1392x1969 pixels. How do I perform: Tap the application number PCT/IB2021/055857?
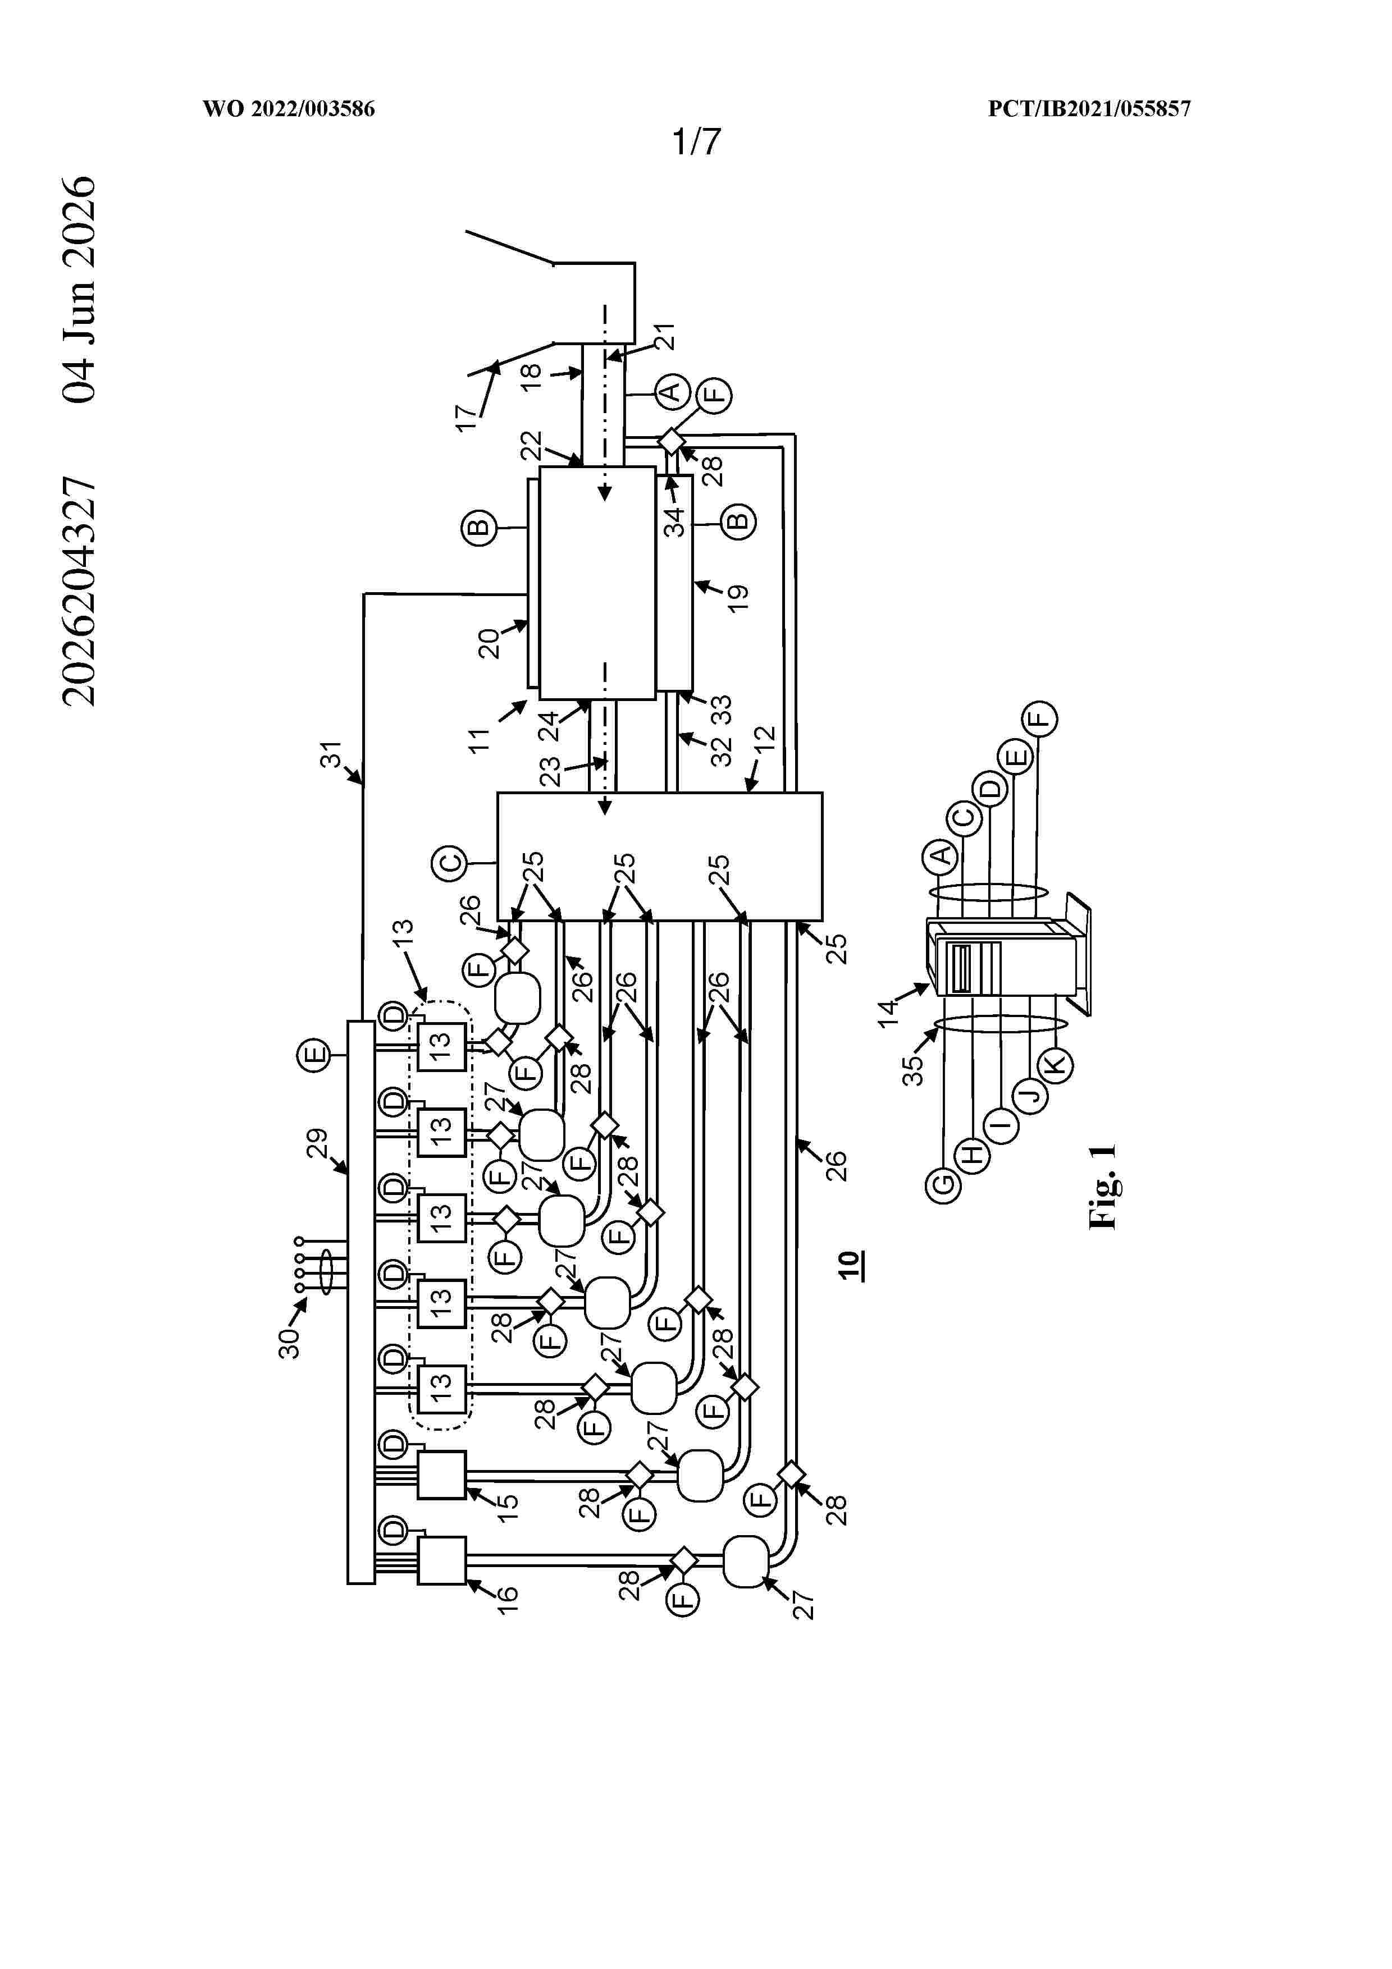pyautogui.click(x=1089, y=109)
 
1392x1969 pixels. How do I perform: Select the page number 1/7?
pyautogui.click(x=696, y=141)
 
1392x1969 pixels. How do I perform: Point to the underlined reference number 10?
pyautogui.click(x=848, y=1265)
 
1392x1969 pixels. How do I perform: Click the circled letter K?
pyautogui.click(x=1055, y=1064)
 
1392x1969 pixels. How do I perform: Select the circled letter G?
pyautogui.click(x=943, y=1185)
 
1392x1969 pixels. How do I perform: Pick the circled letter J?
pyautogui.click(x=1030, y=1095)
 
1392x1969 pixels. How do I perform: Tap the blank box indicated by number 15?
pyautogui.click(x=442, y=1475)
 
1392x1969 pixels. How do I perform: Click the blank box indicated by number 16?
pyautogui.click(x=442, y=1560)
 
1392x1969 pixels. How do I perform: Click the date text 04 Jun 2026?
pyautogui.click(x=79, y=289)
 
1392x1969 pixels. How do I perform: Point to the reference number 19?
pyautogui.click(x=738, y=598)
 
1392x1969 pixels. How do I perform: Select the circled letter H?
pyautogui.click(x=973, y=1155)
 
